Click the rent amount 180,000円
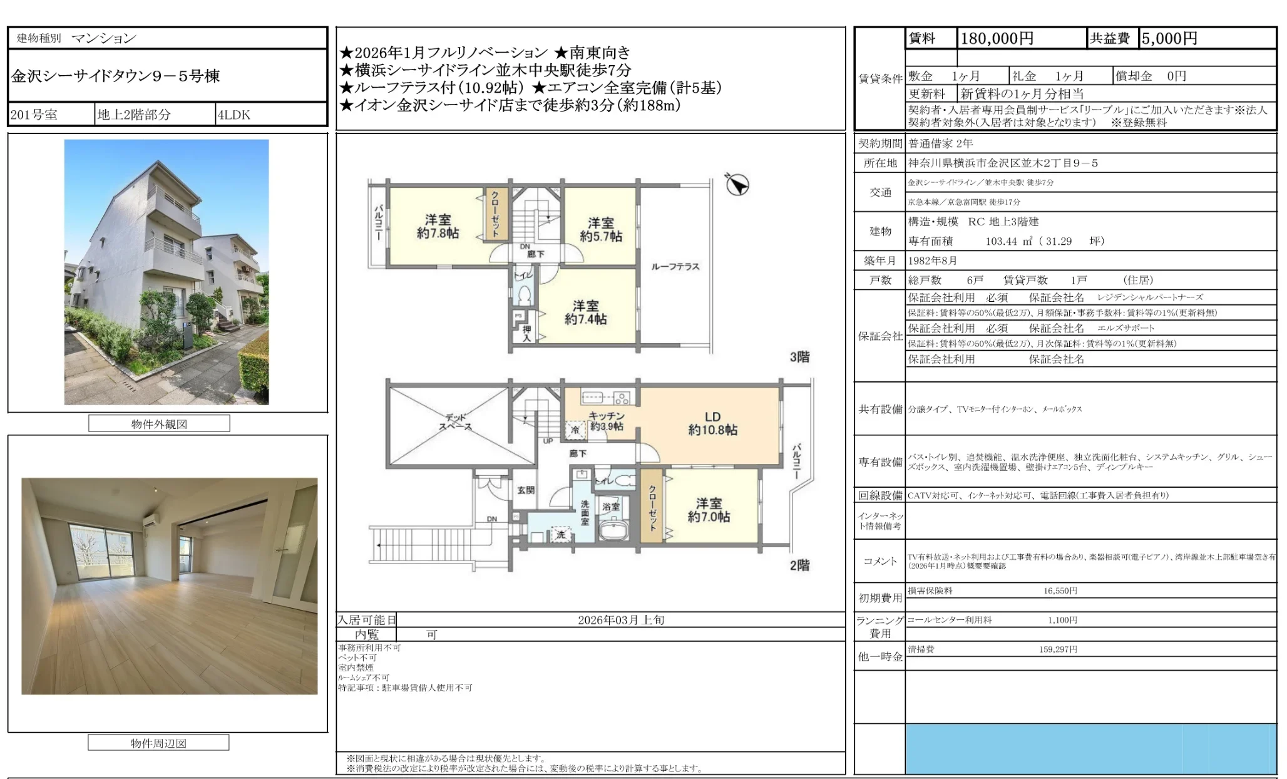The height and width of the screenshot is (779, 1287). point(997,39)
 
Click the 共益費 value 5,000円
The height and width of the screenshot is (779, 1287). point(1169,39)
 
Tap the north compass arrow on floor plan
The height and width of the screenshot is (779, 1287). point(737,184)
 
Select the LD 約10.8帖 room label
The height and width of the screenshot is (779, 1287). point(712,423)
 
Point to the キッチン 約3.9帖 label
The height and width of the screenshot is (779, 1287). point(606,421)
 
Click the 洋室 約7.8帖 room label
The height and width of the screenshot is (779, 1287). point(438,226)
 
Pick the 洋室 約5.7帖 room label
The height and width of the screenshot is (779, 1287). point(600,229)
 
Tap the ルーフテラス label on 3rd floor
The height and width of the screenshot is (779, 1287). point(675,267)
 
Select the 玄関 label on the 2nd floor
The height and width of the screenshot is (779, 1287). point(526,490)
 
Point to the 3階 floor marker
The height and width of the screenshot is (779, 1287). point(799,357)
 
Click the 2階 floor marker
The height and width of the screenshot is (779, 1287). point(799,565)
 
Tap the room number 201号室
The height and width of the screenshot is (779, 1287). point(34,115)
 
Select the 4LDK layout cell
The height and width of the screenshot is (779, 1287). point(234,115)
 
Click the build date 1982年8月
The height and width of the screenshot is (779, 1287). point(933,261)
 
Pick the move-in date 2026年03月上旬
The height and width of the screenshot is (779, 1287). point(621,620)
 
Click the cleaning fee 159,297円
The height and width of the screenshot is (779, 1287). point(1058,649)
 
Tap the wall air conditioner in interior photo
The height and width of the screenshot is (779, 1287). point(151,520)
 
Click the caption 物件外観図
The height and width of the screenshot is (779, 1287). point(159,424)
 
